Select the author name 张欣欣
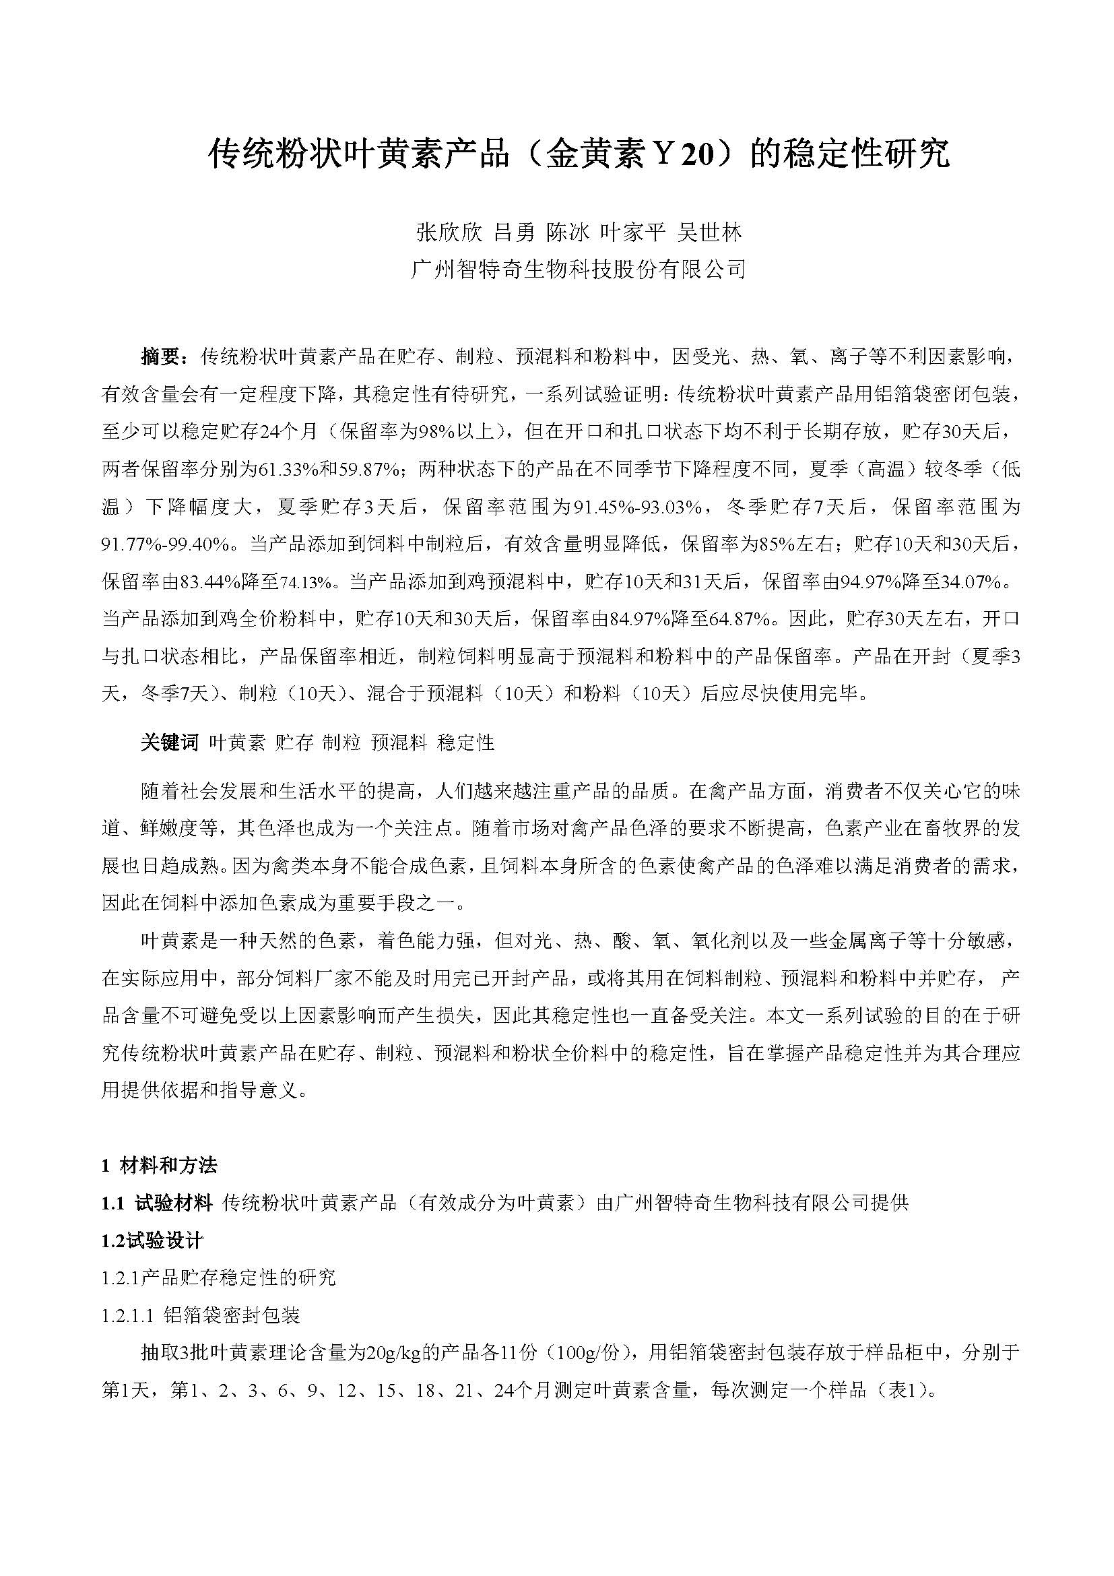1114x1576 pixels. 449,232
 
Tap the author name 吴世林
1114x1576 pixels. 709,232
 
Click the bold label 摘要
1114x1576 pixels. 162,357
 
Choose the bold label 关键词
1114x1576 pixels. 169,743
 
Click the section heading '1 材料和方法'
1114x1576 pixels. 159,1165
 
